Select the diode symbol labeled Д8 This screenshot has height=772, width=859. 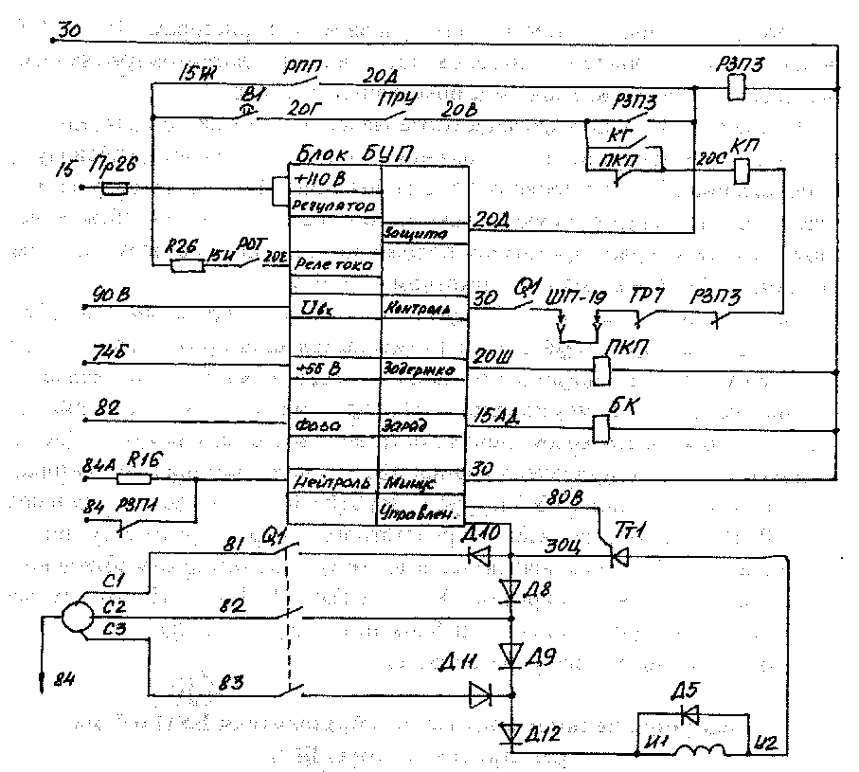(510, 591)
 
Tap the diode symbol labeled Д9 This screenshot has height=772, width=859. (510, 653)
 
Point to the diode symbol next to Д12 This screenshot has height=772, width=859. (510, 731)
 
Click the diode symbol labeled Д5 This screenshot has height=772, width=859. (689, 712)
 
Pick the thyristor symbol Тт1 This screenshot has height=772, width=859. (620, 558)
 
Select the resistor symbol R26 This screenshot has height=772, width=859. (187, 266)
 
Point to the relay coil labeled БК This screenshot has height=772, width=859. (599, 429)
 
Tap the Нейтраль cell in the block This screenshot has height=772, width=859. (334, 482)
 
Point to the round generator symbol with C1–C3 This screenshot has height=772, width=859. (76, 616)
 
